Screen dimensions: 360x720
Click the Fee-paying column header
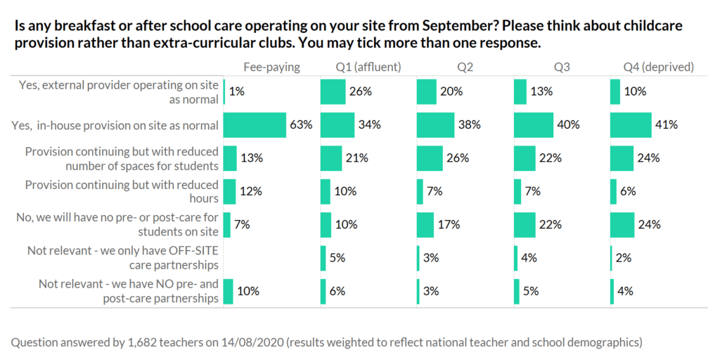pos(271,67)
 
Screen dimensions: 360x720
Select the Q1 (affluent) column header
pos(368,67)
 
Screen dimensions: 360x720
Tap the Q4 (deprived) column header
pos(659,67)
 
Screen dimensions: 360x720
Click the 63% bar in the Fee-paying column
pos(255,125)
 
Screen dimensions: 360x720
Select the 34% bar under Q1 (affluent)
pos(337,125)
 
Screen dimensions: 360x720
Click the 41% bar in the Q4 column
pos(631,125)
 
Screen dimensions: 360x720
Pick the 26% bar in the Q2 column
pos(430,158)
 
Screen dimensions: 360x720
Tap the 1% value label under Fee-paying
pos(236,91)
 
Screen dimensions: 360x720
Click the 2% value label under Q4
pos(624,258)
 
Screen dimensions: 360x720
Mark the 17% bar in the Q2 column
pos(425,225)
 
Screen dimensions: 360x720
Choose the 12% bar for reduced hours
pos(229,191)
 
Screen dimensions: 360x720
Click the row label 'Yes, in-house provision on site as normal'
pos(115,125)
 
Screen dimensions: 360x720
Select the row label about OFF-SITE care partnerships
pos(122,258)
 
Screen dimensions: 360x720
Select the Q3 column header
pos(562,67)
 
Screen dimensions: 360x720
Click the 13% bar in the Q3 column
pos(520,91)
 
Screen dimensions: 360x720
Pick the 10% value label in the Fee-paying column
pos(250,291)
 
